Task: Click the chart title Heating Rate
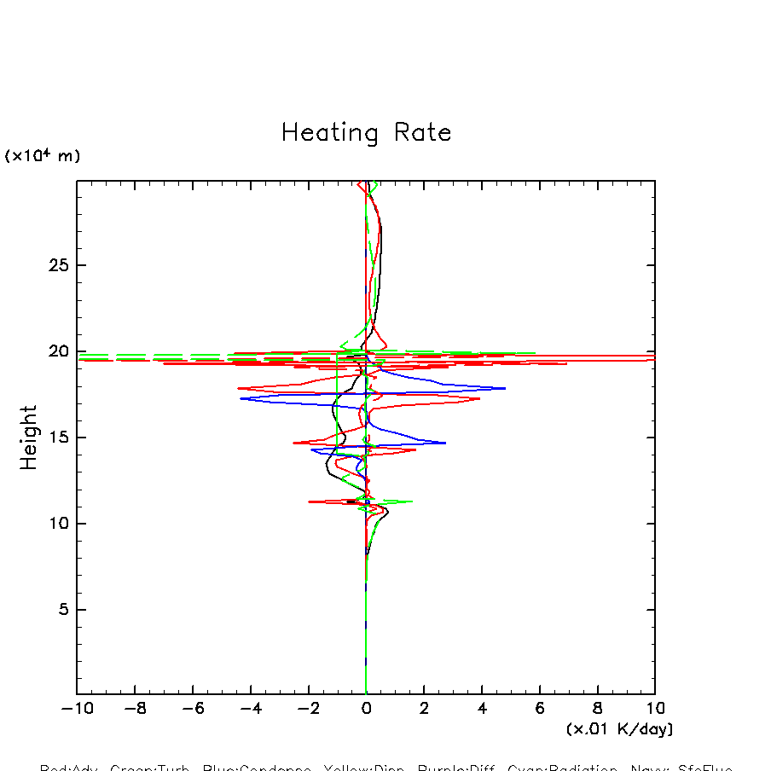pos(366,133)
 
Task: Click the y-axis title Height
pos(30,438)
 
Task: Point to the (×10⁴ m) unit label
pos(43,156)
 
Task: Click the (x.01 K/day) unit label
pos(619,729)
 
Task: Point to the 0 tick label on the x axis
pos(366,709)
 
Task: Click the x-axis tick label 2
pos(424,709)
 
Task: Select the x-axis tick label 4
pos(482,709)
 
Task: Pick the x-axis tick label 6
pos(540,709)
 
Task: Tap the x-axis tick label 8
pos(597,709)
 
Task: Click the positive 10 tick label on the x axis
pos(655,709)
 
